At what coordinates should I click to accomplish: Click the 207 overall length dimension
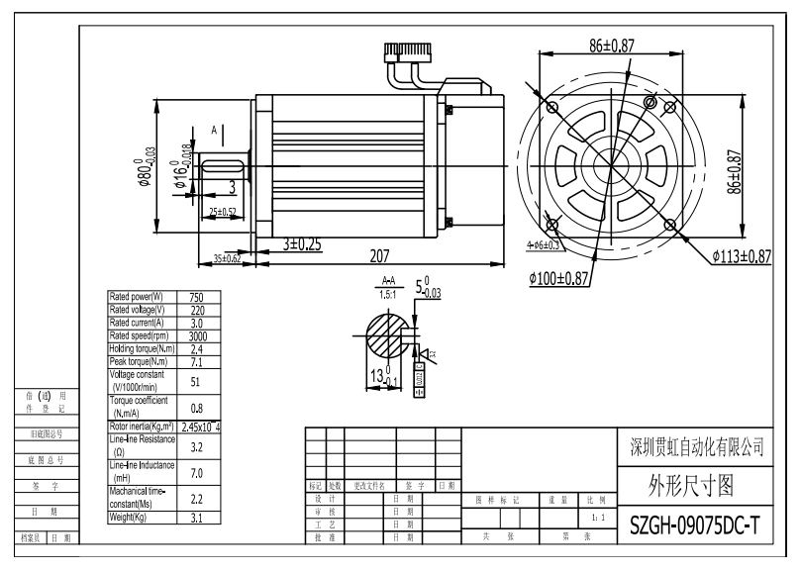pos(378,255)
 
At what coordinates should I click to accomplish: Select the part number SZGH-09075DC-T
pos(696,524)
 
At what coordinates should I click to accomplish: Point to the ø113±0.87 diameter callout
pos(741,256)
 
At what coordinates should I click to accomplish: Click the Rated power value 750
pos(197,297)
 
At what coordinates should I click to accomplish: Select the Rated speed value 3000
pos(197,335)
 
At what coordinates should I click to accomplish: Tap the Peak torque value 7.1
pos(197,361)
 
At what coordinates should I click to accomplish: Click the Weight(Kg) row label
pos(140,517)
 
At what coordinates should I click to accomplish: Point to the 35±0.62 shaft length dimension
pos(228,258)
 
